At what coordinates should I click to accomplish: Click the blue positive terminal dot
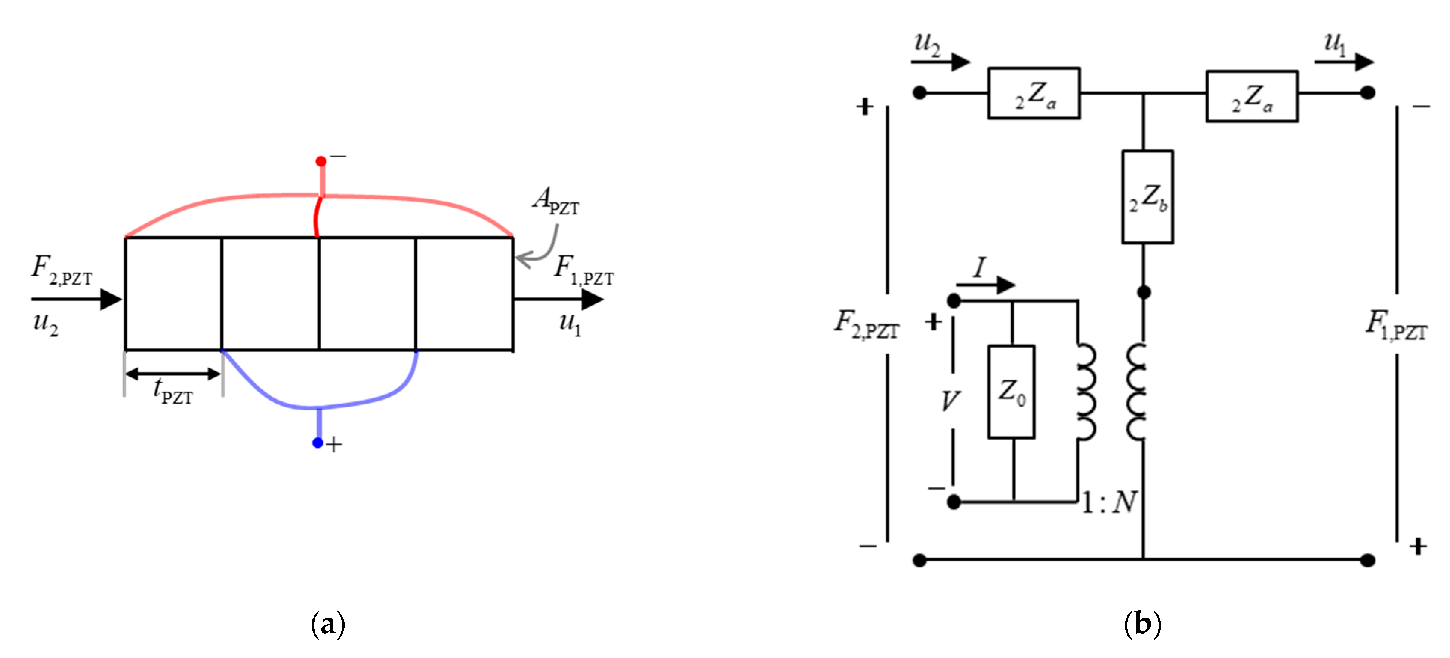click(318, 443)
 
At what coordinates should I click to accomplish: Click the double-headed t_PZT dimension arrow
click(173, 373)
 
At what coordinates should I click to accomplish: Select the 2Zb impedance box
click(1147, 197)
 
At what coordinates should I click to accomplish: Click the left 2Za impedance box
click(1033, 94)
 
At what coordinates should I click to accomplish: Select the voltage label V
click(950, 401)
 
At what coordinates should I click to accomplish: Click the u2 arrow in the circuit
click(940, 61)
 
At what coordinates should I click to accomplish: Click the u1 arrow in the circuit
click(1343, 61)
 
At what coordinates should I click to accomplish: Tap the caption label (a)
click(328, 624)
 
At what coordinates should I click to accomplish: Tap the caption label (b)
click(1142, 624)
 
